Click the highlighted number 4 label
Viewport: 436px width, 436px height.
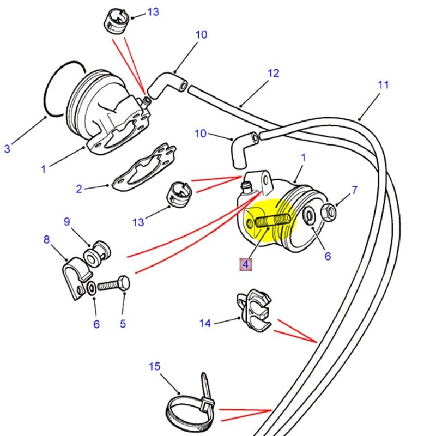click(245, 265)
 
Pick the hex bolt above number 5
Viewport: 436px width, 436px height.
click(116, 285)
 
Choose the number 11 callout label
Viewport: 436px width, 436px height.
click(383, 84)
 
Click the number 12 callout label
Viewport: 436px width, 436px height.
click(272, 72)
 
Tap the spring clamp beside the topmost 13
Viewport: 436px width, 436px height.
click(115, 22)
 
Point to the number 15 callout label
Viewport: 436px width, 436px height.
click(155, 366)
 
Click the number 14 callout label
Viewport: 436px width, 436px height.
click(204, 323)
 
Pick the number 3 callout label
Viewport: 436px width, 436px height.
click(7, 148)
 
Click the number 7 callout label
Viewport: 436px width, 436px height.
click(354, 190)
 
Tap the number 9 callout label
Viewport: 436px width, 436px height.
click(67, 221)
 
